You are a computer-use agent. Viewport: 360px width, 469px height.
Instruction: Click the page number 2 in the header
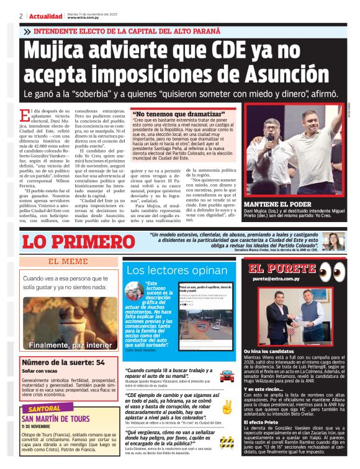(21, 16)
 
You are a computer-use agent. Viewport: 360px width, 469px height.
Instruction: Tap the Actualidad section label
(45, 16)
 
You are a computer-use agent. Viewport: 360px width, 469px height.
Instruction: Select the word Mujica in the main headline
(73, 52)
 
